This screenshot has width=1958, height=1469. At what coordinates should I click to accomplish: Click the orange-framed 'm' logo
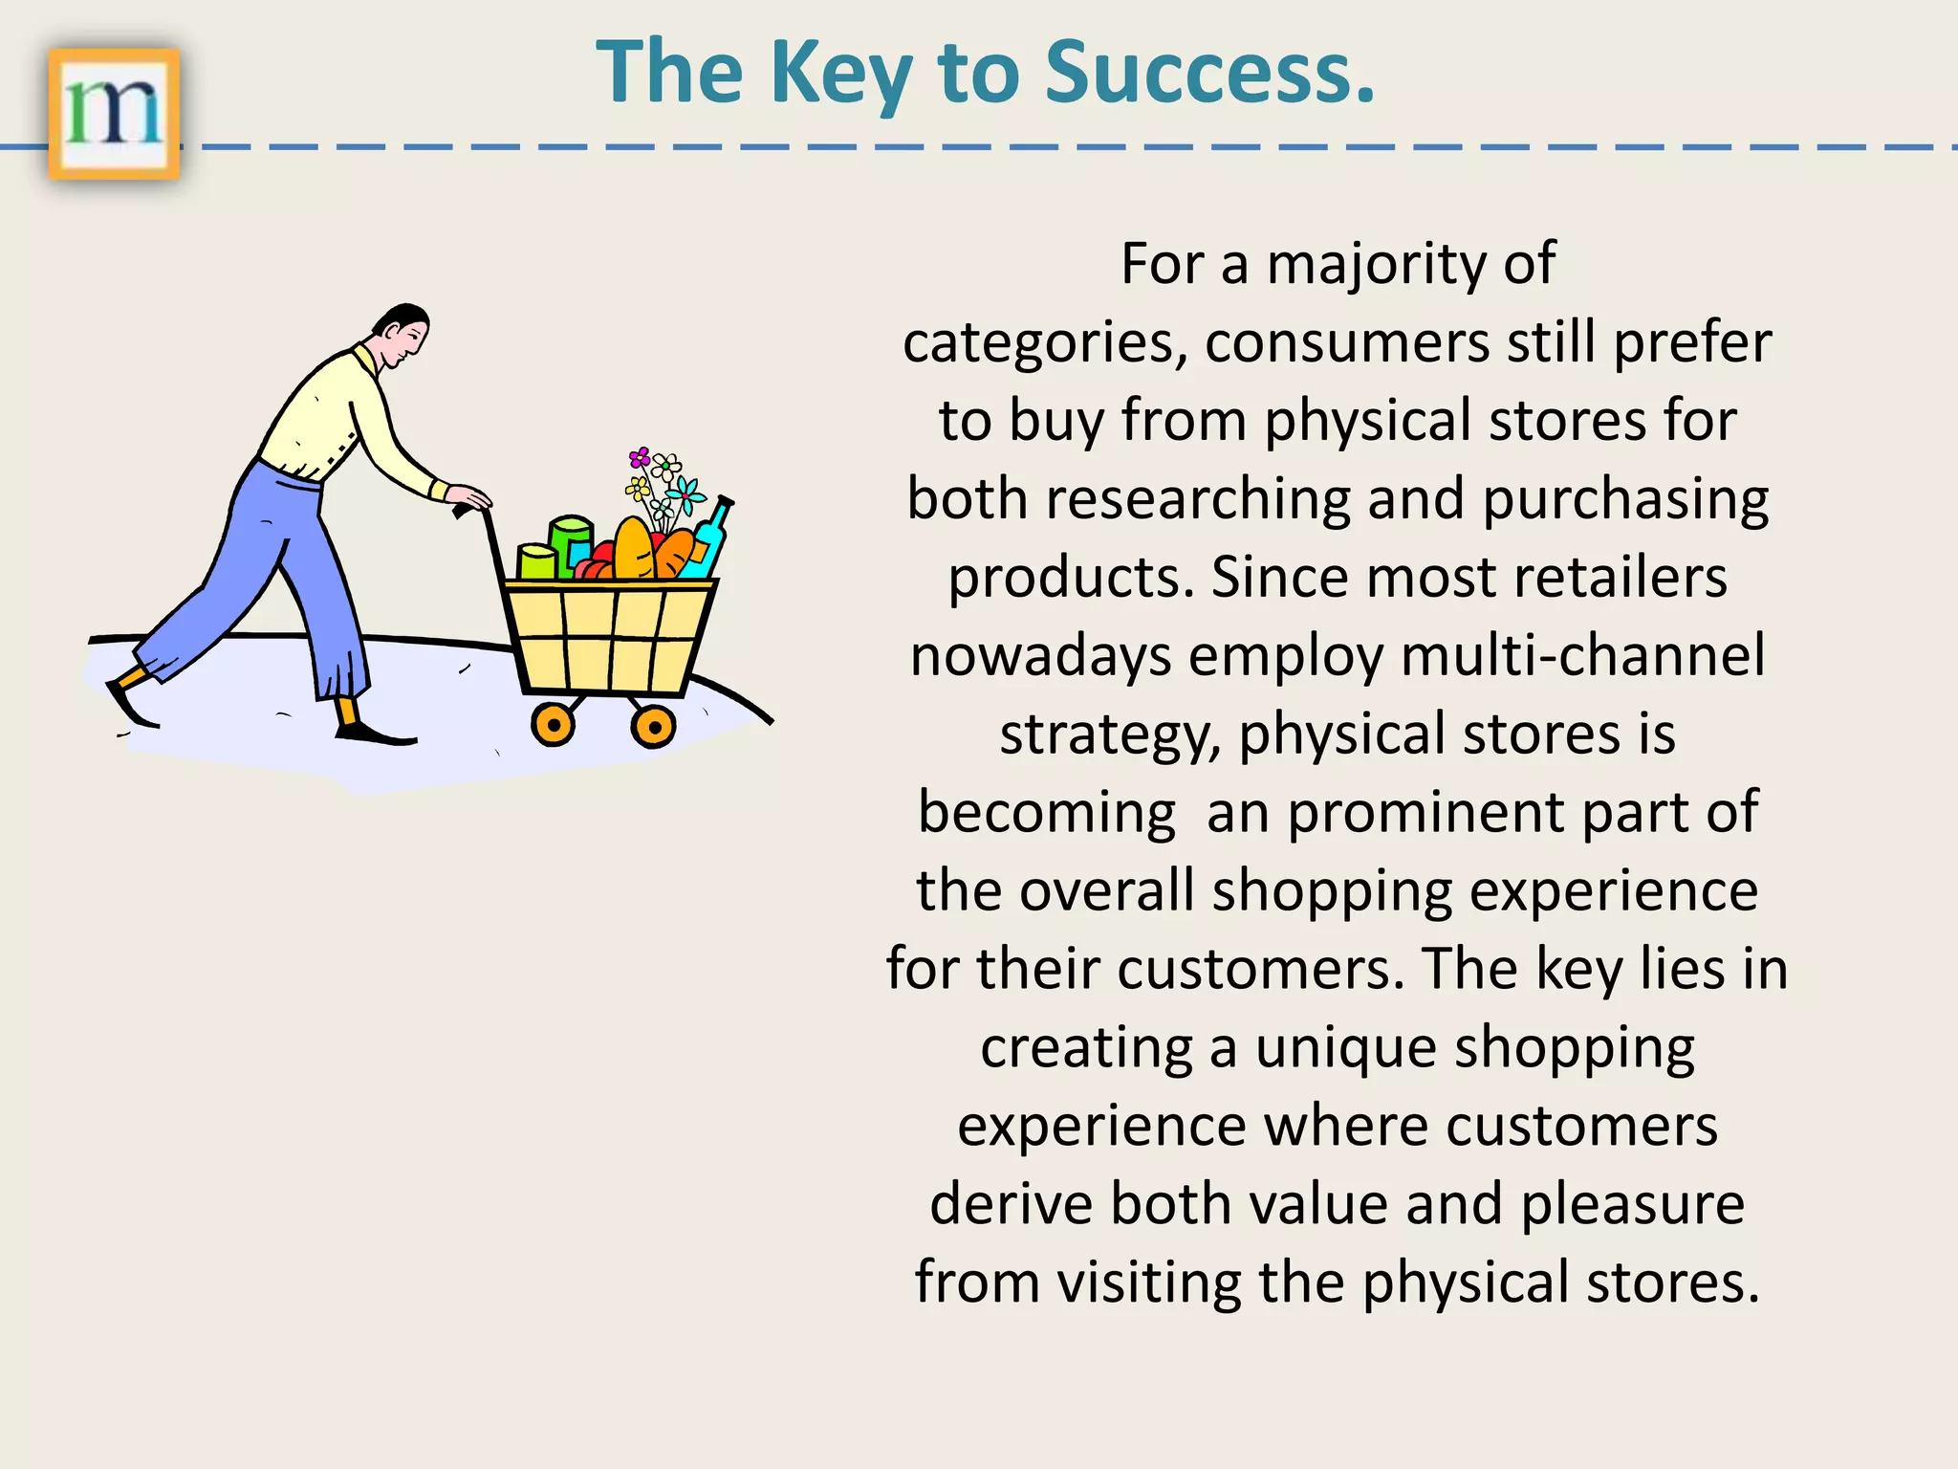(114, 114)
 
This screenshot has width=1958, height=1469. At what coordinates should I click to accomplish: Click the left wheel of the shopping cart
(554, 724)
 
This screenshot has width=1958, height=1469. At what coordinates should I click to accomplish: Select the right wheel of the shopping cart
(654, 727)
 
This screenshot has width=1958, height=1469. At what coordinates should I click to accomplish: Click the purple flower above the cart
(640, 458)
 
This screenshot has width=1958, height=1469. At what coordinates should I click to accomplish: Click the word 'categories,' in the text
(1046, 343)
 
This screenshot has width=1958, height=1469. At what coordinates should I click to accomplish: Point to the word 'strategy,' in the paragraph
(1110, 735)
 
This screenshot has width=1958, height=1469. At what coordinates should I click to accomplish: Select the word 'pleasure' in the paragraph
(1632, 1204)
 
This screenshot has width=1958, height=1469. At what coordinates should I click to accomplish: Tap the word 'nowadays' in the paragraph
(1040, 656)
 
